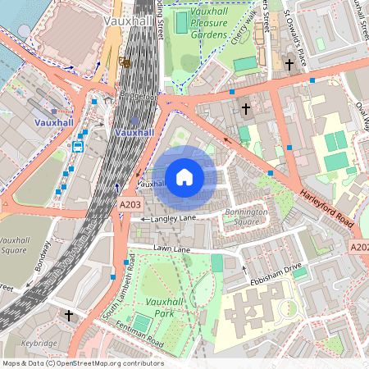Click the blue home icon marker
[x=184, y=177]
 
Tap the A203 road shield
[x=130, y=203]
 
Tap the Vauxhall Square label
[x=16, y=246]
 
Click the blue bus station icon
[x=78, y=147]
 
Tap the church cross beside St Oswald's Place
[x=289, y=64]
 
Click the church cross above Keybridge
[x=69, y=315]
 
